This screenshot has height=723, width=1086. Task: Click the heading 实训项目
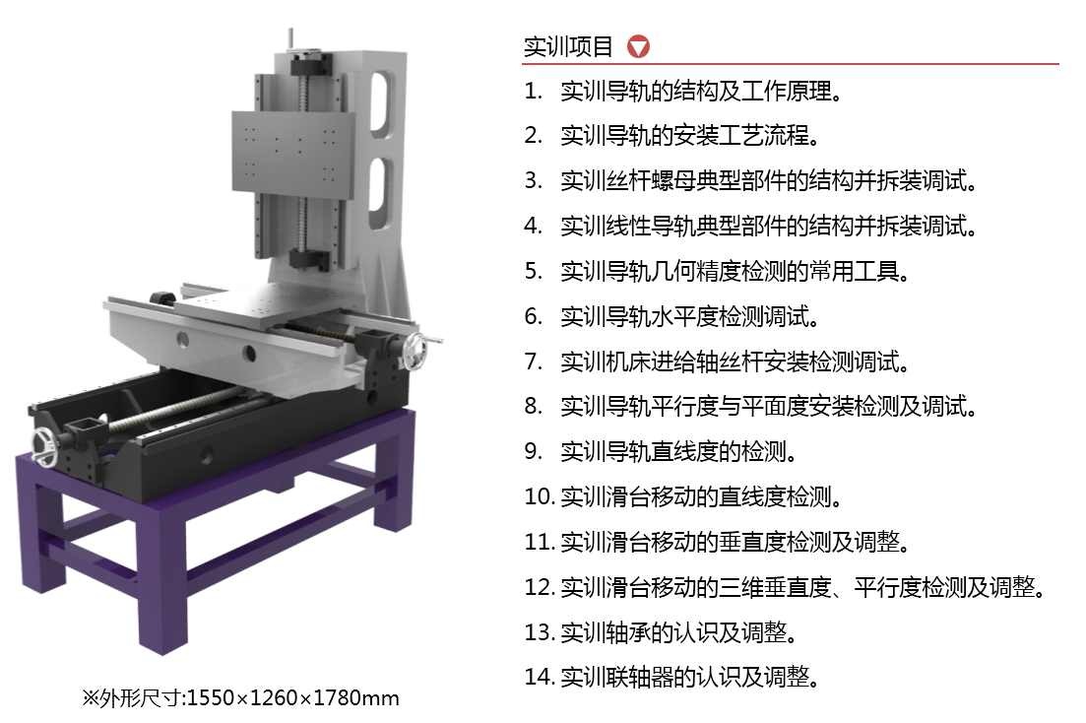[x=568, y=46]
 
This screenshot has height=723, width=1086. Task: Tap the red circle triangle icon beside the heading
[x=638, y=46]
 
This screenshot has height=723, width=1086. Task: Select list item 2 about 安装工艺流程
[x=690, y=135]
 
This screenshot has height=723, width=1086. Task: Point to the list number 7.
[x=533, y=361]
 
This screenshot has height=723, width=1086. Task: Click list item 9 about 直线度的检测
[x=678, y=451]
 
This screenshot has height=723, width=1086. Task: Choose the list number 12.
[x=540, y=587]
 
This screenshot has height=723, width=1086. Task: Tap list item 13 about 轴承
[x=678, y=632]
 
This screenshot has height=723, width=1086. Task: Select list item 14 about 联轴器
[x=690, y=677]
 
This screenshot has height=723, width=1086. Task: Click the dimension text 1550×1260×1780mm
[x=293, y=698]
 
